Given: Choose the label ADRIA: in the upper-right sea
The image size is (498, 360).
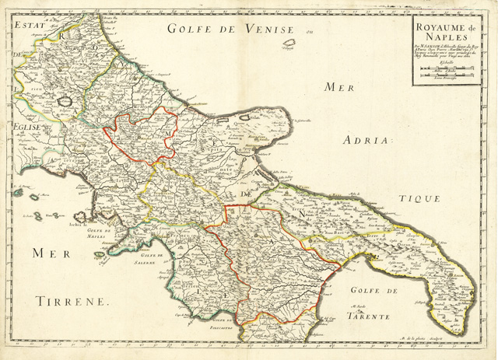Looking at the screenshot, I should coord(370,141).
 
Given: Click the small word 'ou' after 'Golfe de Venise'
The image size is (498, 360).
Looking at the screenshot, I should coord(307,31).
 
